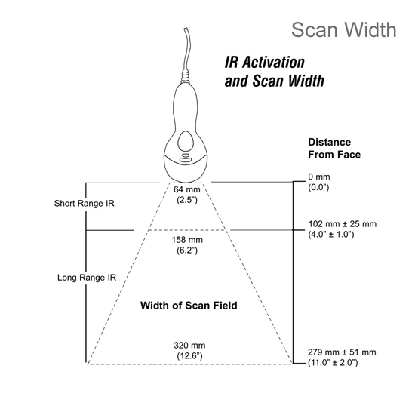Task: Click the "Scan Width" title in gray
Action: pos(344,30)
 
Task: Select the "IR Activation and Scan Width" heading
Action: pos(275,72)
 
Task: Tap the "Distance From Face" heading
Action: pos(334,148)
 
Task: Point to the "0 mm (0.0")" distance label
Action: pos(319,182)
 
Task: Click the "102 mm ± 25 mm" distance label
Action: pos(343,224)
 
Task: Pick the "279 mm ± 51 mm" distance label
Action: pos(342,352)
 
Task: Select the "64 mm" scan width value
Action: pos(187,189)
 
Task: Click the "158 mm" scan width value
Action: pos(187,240)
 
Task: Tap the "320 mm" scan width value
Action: pos(189,346)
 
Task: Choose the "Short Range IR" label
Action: pos(85,203)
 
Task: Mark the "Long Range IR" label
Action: pos(87,278)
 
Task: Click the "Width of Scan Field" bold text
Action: pos(189,306)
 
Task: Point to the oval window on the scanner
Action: pos(186,141)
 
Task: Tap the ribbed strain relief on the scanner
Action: pos(186,77)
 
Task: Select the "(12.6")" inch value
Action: pos(189,356)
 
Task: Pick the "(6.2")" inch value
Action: pos(187,251)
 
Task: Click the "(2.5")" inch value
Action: pos(187,200)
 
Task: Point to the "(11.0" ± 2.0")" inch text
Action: pos(333,363)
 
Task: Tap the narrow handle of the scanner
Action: pos(186,106)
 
